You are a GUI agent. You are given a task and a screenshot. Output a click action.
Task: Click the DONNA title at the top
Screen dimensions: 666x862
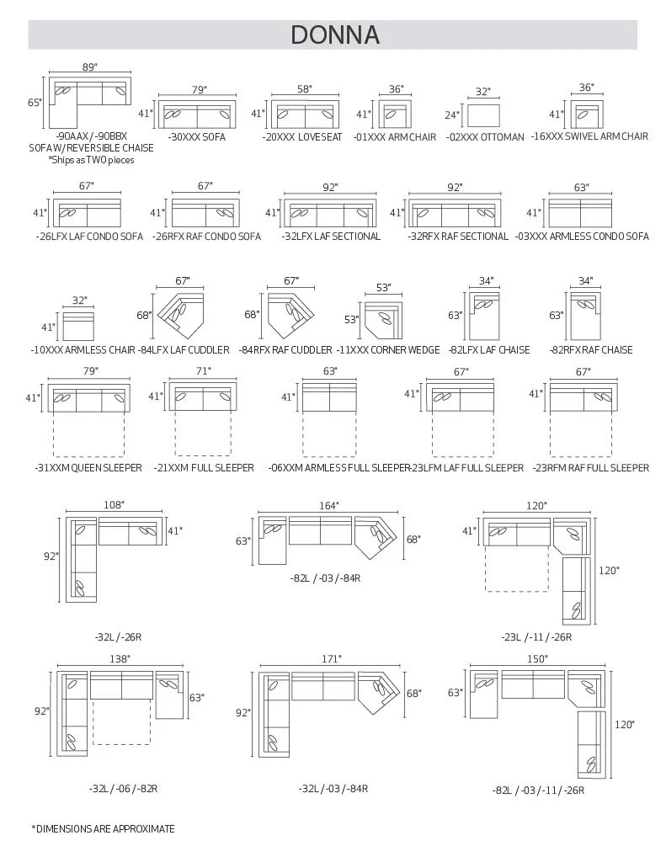(x=335, y=35)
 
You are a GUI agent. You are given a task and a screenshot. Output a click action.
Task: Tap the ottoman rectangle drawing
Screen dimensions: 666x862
(x=483, y=115)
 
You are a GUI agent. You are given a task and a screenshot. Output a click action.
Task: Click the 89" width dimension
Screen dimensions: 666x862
(x=90, y=67)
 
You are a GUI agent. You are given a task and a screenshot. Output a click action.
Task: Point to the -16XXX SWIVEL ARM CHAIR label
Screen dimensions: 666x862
(x=589, y=136)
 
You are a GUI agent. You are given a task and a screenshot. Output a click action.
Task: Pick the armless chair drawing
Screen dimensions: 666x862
(x=78, y=327)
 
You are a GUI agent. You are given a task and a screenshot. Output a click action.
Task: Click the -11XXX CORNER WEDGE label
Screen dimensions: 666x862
(x=387, y=349)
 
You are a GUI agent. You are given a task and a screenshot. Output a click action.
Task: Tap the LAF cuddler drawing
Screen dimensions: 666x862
(x=181, y=315)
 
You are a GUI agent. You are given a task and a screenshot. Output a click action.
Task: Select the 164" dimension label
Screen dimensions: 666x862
(x=329, y=505)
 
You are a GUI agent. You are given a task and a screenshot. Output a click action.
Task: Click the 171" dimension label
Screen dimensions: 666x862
(x=331, y=658)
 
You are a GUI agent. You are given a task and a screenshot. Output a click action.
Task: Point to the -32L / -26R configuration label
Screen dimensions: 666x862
(x=118, y=637)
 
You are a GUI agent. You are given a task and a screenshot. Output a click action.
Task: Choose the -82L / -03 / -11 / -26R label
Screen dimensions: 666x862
(x=538, y=790)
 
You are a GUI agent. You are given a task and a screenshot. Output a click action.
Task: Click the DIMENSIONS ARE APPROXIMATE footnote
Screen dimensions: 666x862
(x=103, y=828)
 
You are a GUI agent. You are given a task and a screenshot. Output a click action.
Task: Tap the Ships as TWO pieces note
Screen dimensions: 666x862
(x=91, y=160)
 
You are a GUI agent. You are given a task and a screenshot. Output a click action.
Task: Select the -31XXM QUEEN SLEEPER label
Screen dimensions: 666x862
(x=88, y=468)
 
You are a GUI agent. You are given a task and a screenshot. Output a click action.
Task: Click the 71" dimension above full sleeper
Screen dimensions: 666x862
(x=203, y=371)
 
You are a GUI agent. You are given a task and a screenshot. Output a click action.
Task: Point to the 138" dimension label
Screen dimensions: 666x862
(x=120, y=658)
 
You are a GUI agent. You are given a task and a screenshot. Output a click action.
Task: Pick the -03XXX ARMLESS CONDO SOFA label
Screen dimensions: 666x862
(x=582, y=237)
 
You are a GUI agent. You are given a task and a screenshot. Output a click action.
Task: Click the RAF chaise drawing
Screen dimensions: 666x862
(x=585, y=317)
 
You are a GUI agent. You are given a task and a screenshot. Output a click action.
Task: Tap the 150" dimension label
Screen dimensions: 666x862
(x=537, y=658)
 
